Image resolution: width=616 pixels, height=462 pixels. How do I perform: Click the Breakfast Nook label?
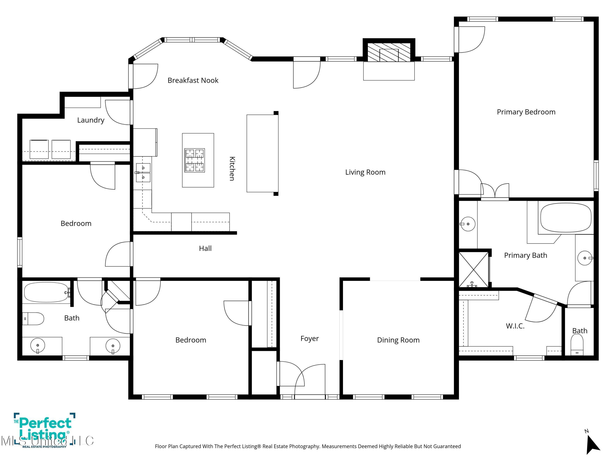tap(193, 80)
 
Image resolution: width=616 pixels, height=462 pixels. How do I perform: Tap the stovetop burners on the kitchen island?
tap(195, 160)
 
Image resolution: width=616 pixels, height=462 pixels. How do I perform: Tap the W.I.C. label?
tap(515, 326)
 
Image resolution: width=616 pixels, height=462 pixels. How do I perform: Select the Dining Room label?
tap(398, 340)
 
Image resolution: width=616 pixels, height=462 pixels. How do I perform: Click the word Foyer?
tap(309, 339)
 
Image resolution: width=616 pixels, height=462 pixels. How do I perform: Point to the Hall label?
tap(205, 248)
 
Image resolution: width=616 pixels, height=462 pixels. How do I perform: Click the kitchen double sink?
tap(143, 173)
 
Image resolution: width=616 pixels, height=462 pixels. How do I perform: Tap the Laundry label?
tap(91, 120)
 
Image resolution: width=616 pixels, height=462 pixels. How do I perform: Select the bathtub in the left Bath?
tap(46, 292)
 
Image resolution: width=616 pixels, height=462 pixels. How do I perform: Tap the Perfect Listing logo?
tap(45, 430)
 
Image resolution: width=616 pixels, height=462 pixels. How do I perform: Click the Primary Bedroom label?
tap(526, 112)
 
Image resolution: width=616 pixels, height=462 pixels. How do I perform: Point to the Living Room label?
tap(365, 172)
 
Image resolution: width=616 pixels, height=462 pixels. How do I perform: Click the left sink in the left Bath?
tap(38, 346)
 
